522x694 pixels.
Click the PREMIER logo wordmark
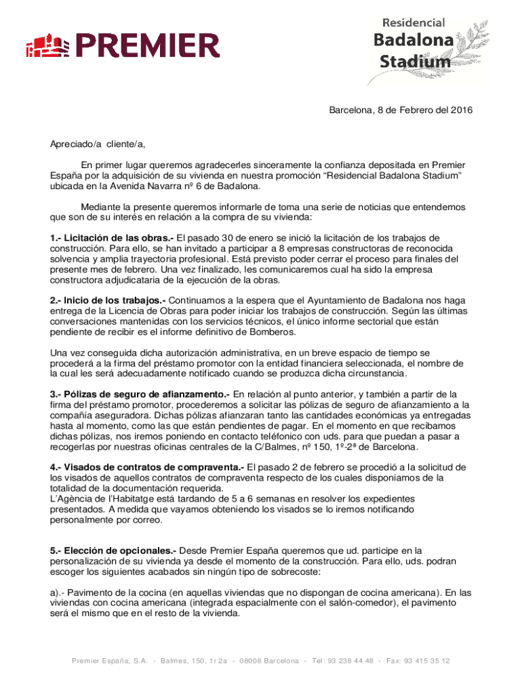click(148, 46)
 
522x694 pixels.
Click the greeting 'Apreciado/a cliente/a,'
click(98, 144)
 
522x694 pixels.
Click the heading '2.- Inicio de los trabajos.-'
click(107, 300)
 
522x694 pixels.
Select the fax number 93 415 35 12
click(428, 661)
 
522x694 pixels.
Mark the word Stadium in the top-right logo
click(414, 62)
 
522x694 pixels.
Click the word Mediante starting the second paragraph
click(100, 207)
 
